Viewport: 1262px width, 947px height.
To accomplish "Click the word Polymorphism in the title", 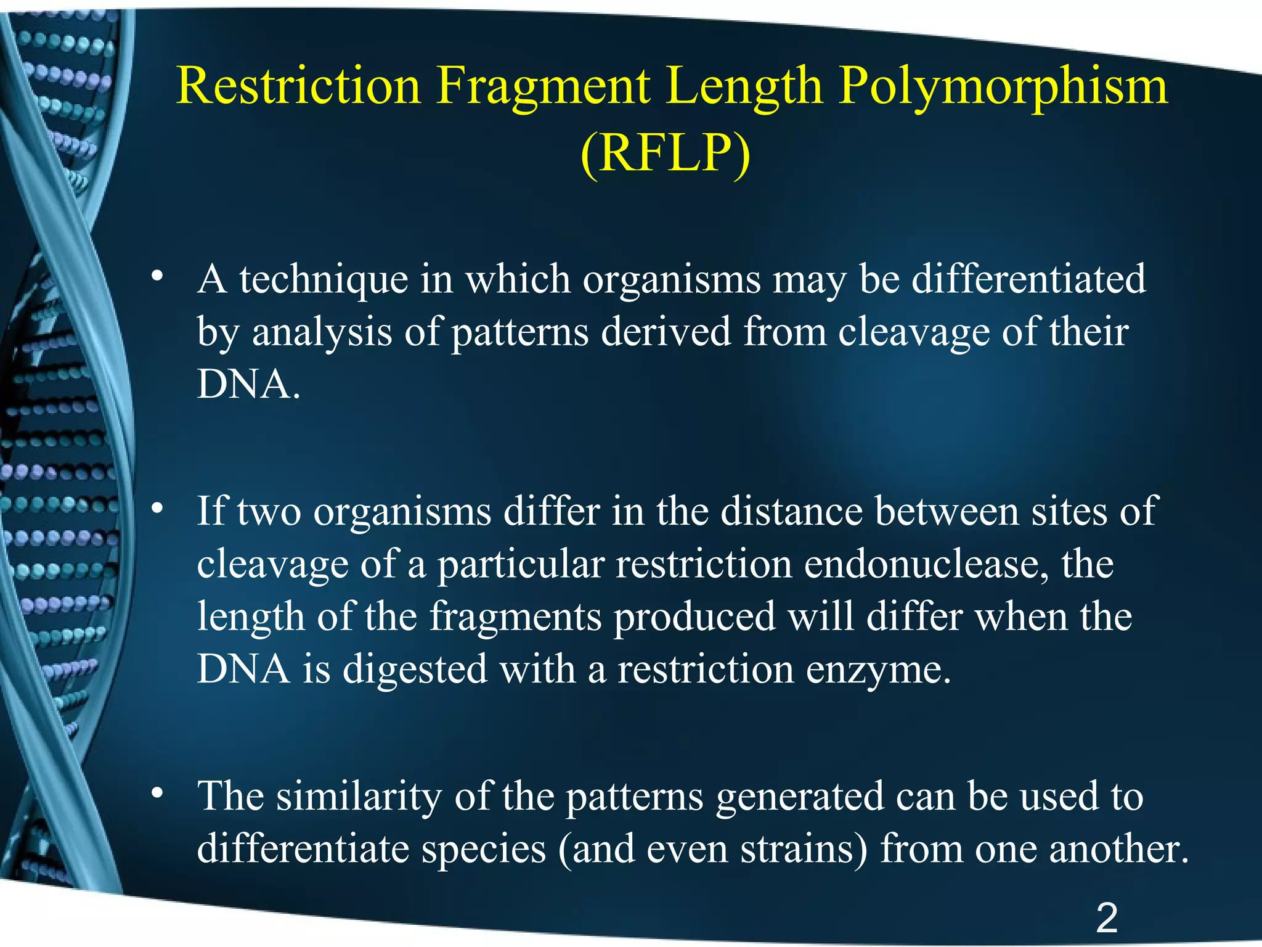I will pyautogui.click(x=1003, y=86).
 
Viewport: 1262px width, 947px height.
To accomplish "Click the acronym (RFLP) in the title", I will pyautogui.click(x=666, y=153).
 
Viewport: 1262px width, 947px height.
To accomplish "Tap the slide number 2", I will pyautogui.click(x=1107, y=918).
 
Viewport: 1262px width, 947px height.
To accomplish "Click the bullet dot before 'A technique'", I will pyautogui.click(x=158, y=276).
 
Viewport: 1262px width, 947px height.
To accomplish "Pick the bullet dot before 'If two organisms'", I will pyautogui.click(x=158, y=508).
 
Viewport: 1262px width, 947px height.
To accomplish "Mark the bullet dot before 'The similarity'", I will pyautogui.click(x=158, y=792).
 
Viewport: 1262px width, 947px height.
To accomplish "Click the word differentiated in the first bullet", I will pyautogui.click(x=1028, y=279).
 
